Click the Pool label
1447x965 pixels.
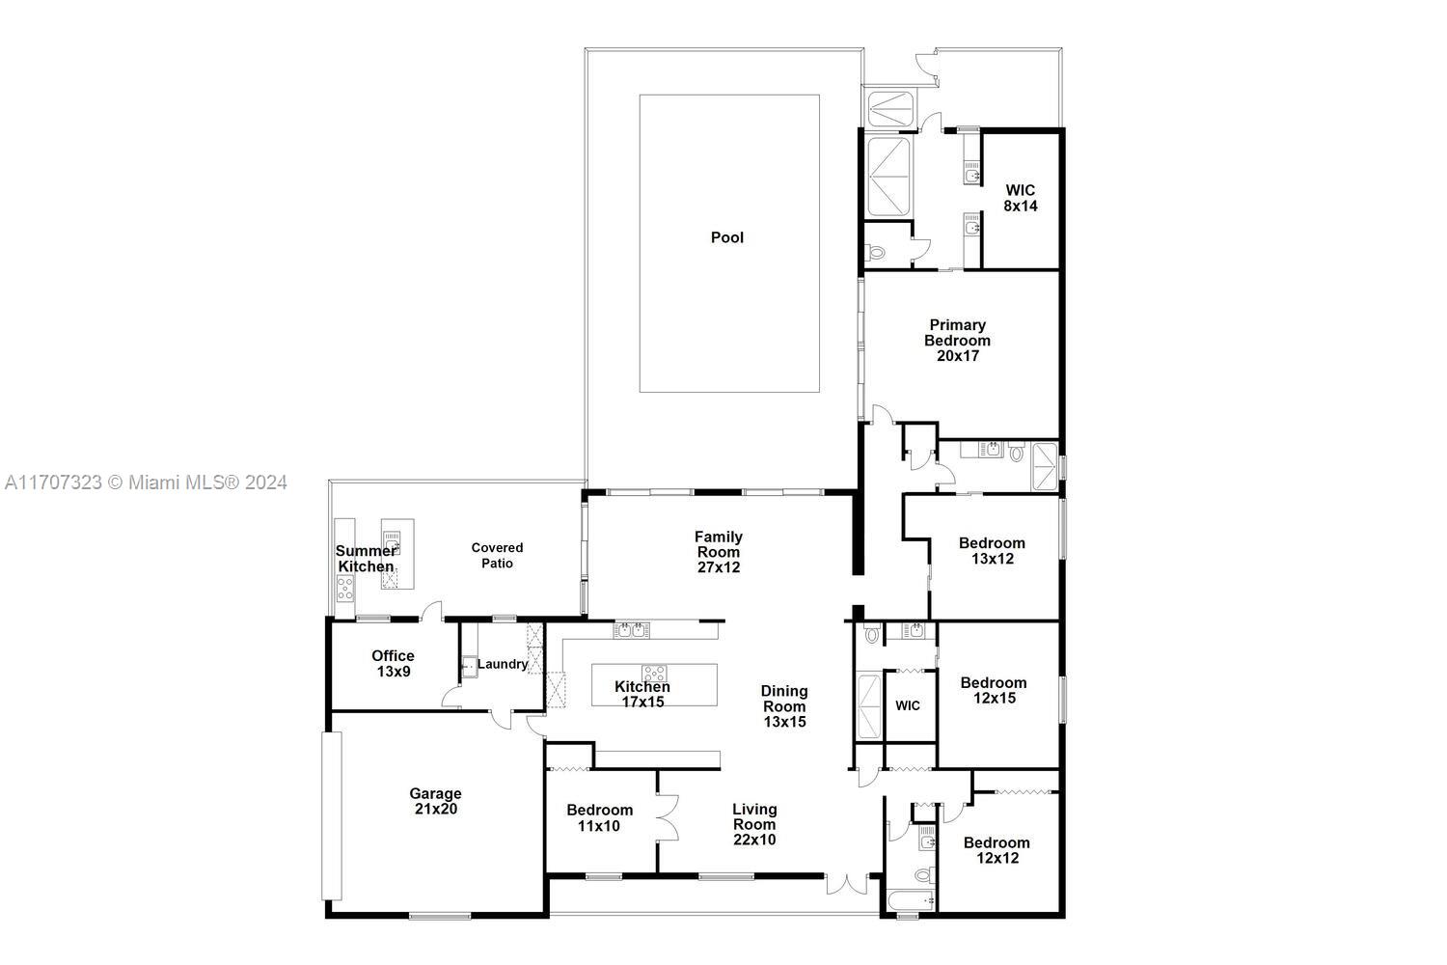coord(726,237)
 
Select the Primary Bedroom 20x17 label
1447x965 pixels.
coord(957,340)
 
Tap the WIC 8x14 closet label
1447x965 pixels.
coord(1020,198)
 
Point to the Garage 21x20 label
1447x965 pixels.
coord(436,801)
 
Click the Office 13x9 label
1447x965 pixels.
coord(393,663)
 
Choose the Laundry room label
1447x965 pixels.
coord(503,664)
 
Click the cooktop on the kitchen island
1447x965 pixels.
coord(654,673)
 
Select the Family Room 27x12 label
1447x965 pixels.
coord(719,552)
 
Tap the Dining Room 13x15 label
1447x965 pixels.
coord(783,705)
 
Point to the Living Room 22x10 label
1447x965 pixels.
coord(753,824)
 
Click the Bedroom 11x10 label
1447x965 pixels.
coord(599,817)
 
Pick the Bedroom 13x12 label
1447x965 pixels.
coord(992,550)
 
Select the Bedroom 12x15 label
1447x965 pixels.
coord(994,690)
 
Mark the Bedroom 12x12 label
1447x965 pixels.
coord(997,849)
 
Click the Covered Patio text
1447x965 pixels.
coord(497,555)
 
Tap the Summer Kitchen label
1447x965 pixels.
coord(366,559)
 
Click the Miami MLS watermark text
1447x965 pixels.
coord(146,482)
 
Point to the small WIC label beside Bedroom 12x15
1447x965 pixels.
coord(907,705)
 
